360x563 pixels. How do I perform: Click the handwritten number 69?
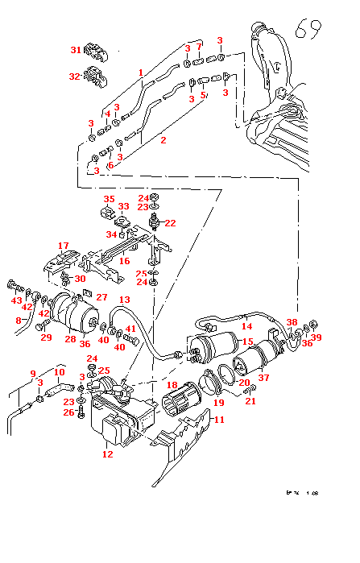pos(310,30)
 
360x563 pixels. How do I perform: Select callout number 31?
pos(75,50)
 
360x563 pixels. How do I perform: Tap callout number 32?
pos(75,77)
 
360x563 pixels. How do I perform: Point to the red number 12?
pos(107,453)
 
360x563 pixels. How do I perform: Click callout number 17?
pos(64,246)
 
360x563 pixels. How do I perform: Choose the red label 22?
pos(170,223)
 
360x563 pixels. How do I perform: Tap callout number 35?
pos(109,199)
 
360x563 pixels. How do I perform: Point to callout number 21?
pos(250,401)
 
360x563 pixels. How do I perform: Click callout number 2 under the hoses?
pos(163,140)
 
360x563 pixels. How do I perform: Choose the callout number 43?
pos(16,300)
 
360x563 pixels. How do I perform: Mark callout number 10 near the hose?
pos(59,372)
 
